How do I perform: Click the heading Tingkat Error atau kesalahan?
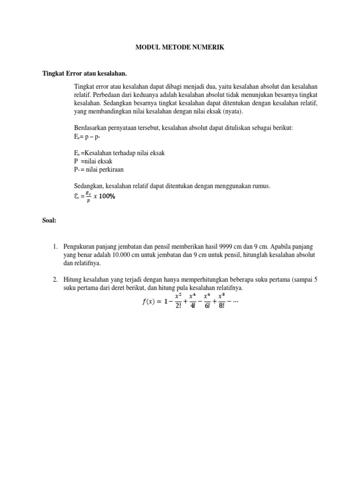click(x=85, y=74)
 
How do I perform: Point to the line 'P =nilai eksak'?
click(x=93, y=161)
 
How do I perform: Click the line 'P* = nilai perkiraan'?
click(x=98, y=170)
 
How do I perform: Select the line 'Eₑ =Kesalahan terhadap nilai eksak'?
click(x=119, y=153)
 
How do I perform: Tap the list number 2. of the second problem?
click(x=55, y=280)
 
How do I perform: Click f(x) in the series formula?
click(x=150, y=302)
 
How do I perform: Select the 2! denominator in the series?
click(x=178, y=307)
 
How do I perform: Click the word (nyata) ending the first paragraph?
click(x=232, y=112)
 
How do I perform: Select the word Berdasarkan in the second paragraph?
click(x=91, y=128)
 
